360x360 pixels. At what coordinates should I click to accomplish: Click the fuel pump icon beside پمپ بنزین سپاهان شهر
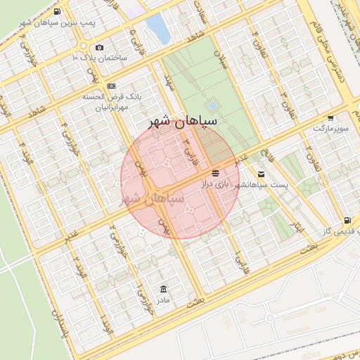57,12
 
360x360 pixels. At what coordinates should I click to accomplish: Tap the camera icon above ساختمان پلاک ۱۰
99,47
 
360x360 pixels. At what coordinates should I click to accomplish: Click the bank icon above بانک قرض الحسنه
111,85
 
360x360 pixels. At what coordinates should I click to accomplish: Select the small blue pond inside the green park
212,105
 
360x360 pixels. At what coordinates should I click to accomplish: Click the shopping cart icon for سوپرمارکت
330,117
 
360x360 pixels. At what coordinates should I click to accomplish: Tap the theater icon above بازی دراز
214,172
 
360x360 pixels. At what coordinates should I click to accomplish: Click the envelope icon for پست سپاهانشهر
262,174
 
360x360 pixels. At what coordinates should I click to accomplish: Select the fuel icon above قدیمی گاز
347,221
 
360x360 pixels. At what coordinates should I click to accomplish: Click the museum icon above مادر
164,289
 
